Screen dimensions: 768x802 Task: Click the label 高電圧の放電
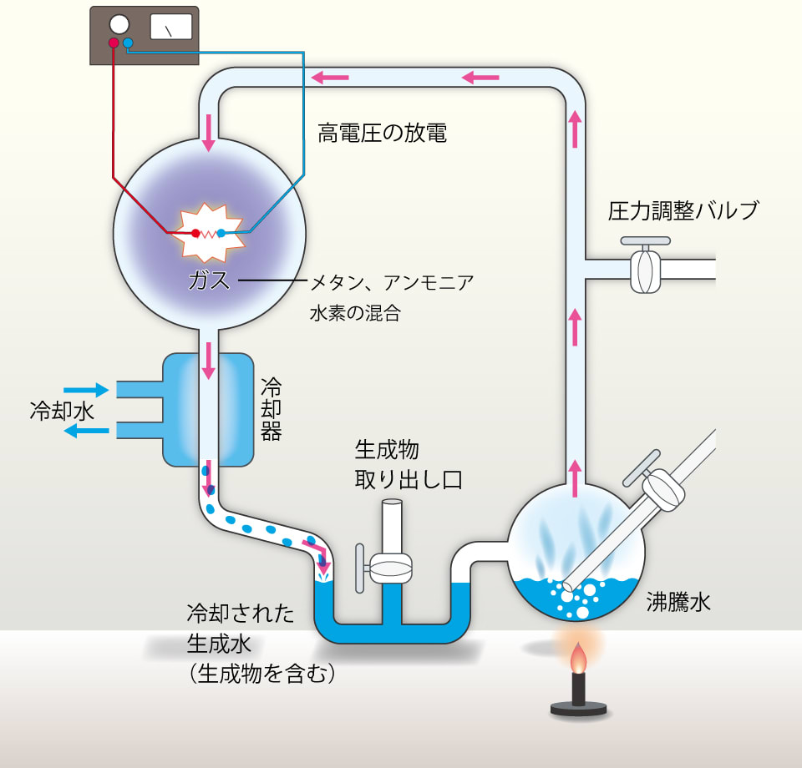(382, 134)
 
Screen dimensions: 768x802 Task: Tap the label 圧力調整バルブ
(683, 210)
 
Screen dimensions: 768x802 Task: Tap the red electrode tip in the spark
(195, 233)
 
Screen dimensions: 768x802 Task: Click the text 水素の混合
(354, 313)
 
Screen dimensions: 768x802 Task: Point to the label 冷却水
(55, 411)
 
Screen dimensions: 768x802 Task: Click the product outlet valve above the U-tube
(389, 568)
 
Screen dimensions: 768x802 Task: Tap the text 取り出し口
(409, 481)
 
